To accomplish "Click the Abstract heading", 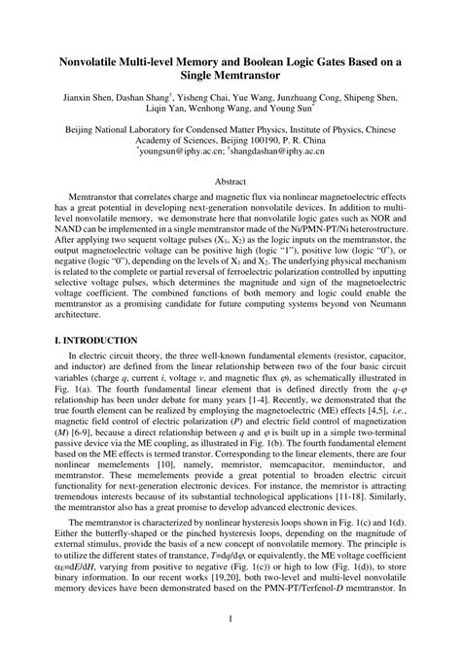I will (x=230, y=182).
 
